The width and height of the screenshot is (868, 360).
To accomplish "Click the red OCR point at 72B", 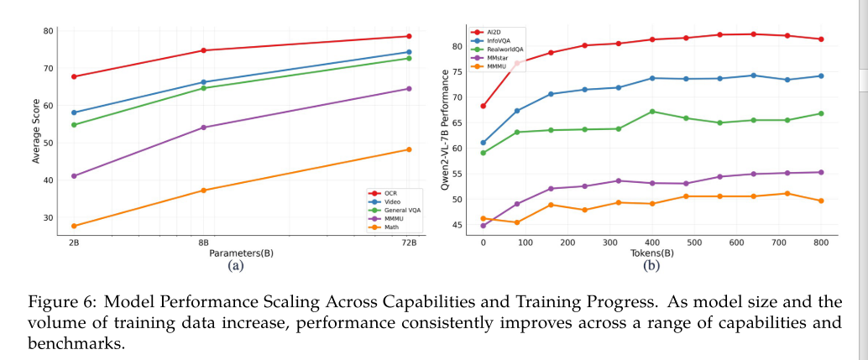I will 409,36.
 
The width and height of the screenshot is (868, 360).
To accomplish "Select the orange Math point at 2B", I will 74,226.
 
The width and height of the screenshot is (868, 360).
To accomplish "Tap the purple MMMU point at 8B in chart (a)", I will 203,128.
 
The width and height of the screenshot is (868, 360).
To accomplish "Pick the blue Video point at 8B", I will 203,82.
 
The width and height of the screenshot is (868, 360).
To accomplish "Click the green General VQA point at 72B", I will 409,58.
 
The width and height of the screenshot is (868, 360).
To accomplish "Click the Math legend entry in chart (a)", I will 390,227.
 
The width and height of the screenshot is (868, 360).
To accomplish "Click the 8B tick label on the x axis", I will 203,242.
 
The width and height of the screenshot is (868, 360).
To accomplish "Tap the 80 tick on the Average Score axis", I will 48,31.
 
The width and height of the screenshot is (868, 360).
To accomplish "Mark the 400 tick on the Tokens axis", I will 652,243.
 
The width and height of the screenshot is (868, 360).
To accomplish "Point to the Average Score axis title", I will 36,132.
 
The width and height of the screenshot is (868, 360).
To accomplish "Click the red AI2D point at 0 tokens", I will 484,107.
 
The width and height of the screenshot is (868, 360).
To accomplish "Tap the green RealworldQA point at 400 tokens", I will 652,112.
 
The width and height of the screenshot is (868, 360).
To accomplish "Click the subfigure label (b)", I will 651,266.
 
